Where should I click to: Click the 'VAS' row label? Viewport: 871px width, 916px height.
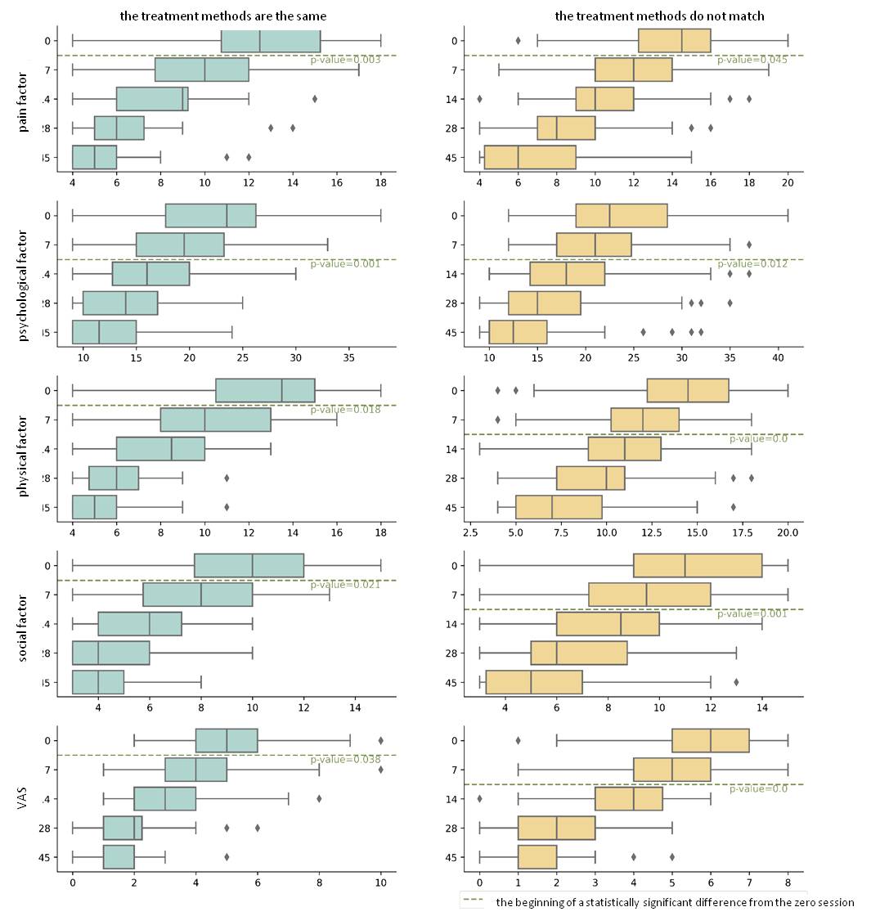point(23,798)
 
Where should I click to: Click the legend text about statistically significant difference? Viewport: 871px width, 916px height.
point(675,901)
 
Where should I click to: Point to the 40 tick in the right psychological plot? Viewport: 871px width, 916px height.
point(778,357)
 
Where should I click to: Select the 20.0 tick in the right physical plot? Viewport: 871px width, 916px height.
point(787,532)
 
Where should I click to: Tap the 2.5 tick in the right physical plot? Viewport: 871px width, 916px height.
point(470,532)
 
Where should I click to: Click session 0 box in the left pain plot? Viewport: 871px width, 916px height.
point(271,40)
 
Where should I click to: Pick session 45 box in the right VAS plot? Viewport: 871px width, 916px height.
point(537,857)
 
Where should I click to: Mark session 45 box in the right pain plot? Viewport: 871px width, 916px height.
point(530,157)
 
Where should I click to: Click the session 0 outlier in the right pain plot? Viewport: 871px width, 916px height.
point(518,40)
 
